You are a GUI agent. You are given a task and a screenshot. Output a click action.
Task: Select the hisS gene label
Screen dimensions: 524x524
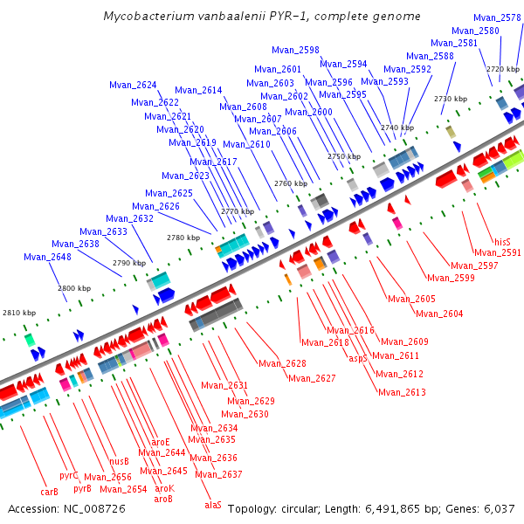502,242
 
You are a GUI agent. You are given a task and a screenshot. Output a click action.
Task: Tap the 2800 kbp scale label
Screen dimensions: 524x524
74,288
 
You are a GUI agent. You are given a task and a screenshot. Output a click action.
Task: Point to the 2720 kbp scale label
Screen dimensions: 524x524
503,69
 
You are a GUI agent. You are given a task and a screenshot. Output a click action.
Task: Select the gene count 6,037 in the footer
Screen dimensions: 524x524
497,508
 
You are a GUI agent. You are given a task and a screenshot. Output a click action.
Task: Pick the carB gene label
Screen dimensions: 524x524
50,491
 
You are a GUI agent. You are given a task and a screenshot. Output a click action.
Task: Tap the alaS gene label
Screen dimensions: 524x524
213,504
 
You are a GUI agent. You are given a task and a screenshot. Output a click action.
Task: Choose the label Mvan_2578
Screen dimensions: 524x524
498,17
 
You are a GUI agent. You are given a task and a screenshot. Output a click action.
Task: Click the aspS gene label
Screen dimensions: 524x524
358,358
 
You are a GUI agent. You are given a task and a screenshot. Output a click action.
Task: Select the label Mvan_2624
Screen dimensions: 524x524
133,86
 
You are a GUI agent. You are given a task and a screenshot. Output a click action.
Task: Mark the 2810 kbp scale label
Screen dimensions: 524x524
19,313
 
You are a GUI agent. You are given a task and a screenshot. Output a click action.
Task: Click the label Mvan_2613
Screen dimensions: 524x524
402,392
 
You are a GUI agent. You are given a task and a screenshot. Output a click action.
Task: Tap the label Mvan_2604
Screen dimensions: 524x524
439,314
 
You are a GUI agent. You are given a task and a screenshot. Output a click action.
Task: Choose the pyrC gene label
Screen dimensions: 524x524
69,475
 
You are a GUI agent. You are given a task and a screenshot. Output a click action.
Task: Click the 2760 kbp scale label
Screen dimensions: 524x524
291,184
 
